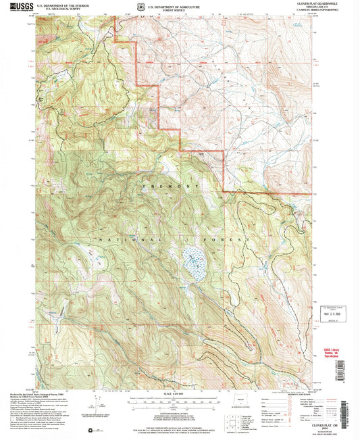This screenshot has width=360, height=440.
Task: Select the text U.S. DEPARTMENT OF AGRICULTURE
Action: click(x=172, y=4)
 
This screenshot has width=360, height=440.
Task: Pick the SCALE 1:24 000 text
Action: click(x=172, y=395)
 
